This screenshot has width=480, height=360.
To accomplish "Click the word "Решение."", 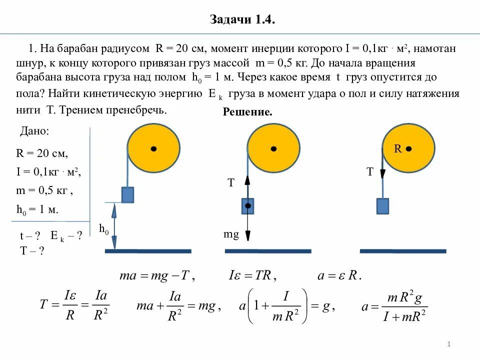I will click(x=247, y=113).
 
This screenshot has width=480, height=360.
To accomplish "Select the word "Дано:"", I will click(x=34, y=131).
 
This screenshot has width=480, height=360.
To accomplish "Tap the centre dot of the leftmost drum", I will click(x=153, y=148).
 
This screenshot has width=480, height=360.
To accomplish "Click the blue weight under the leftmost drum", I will click(x=127, y=194).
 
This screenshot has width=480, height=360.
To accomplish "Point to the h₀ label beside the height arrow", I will click(x=104, y=229).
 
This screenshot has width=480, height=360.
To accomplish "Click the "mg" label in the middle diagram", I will click(x=231, y=234).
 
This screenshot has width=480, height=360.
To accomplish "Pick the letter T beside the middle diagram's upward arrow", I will click(x=231, y=183).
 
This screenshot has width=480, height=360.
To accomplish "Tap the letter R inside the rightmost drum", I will click(x=398, y=148).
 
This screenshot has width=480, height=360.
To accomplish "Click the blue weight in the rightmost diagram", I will click(x=382, y=206).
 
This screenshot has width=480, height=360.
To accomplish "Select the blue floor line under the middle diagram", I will click(x=274, y=251).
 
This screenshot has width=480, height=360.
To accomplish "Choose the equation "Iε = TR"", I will click(x=252, y=275).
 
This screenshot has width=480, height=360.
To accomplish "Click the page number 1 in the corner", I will click(x=449, y=344).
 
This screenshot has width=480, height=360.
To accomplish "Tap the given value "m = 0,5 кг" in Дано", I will click(x=44, y=190).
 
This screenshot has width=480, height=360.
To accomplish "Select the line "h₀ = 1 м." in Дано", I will click(x=37, y=209).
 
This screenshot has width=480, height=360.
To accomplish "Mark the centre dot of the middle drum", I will click(x=273, y=148).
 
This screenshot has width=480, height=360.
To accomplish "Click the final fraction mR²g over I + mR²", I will click(x=405, y=306).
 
